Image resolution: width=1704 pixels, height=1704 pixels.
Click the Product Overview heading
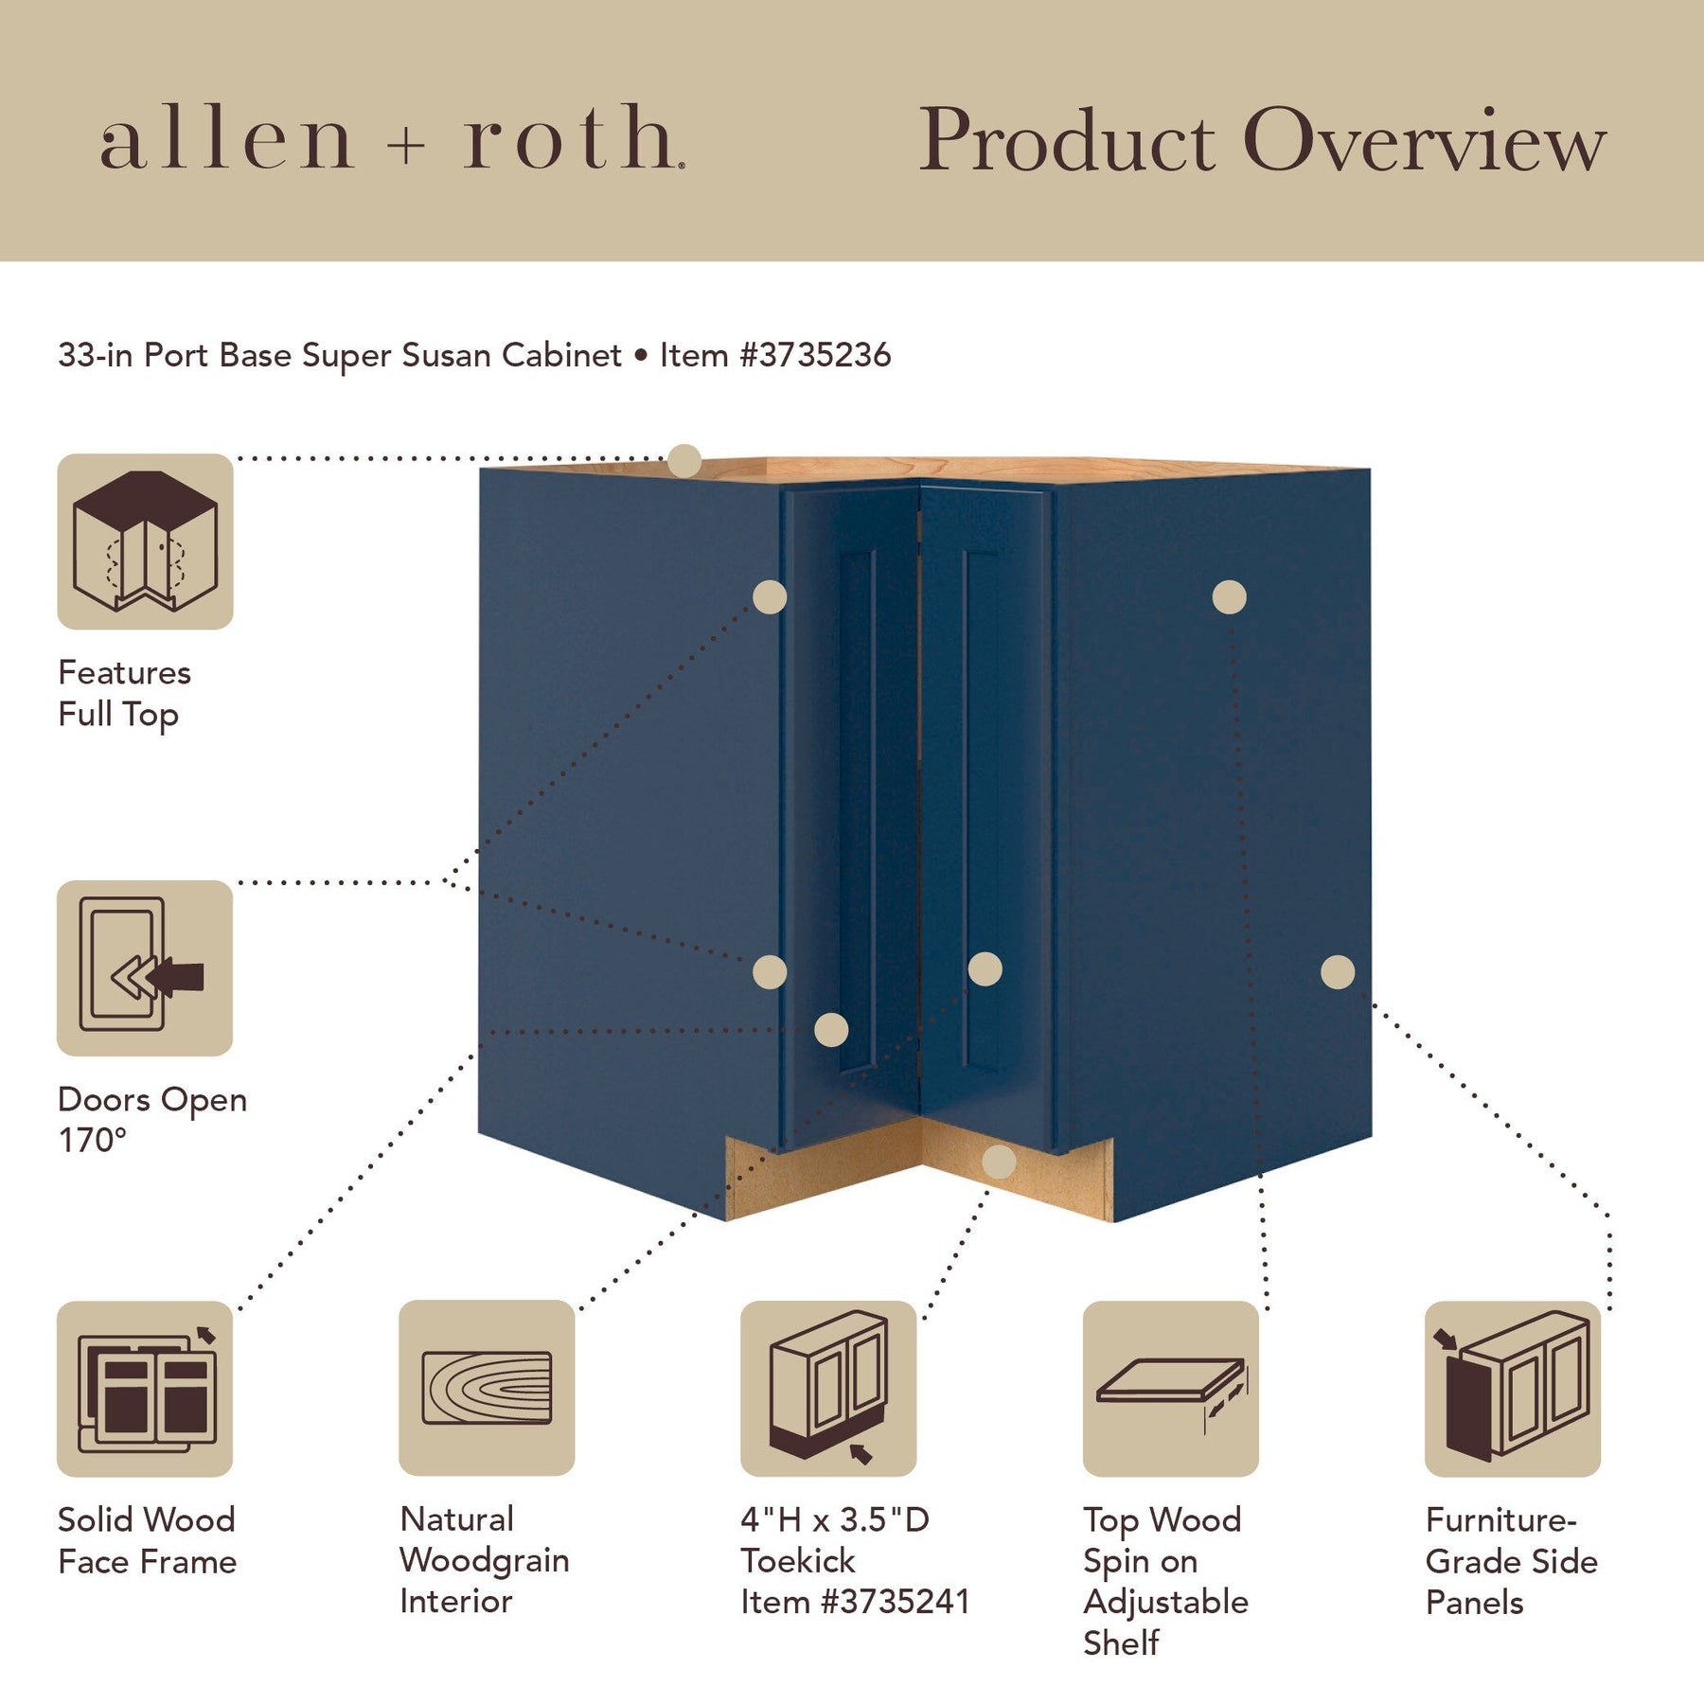[1262, 140]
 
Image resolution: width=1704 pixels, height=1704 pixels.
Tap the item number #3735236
[815, 355]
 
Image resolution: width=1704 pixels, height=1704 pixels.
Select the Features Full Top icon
[145, 541]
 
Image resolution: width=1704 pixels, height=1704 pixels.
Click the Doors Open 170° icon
[145, 967]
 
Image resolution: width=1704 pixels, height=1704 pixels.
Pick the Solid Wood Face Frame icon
[145, 1388]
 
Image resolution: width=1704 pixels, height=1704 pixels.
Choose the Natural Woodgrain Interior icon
[487, 1388]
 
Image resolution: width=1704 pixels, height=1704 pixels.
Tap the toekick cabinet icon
[828, 1388]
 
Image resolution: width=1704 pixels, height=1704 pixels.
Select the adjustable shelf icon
[1170, 1388]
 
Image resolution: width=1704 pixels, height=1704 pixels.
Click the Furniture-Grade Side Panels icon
[1512, 1388]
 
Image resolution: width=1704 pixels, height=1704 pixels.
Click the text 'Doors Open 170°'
[151, 1119]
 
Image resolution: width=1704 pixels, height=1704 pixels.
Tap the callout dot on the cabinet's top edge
[683, 461]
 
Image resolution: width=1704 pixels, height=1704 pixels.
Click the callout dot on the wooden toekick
[999, 1162]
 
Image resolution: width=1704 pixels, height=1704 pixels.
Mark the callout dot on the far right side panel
[1337, 972]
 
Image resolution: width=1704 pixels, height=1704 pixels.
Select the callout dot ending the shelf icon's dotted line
[1229, 597]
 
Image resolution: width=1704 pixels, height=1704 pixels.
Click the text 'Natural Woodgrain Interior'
[484, 1559]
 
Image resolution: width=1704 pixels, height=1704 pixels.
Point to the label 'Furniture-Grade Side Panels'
[1511, 1560]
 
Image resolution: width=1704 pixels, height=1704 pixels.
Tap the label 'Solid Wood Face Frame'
[147, 1540]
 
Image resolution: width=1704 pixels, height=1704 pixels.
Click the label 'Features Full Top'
[124, 693]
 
